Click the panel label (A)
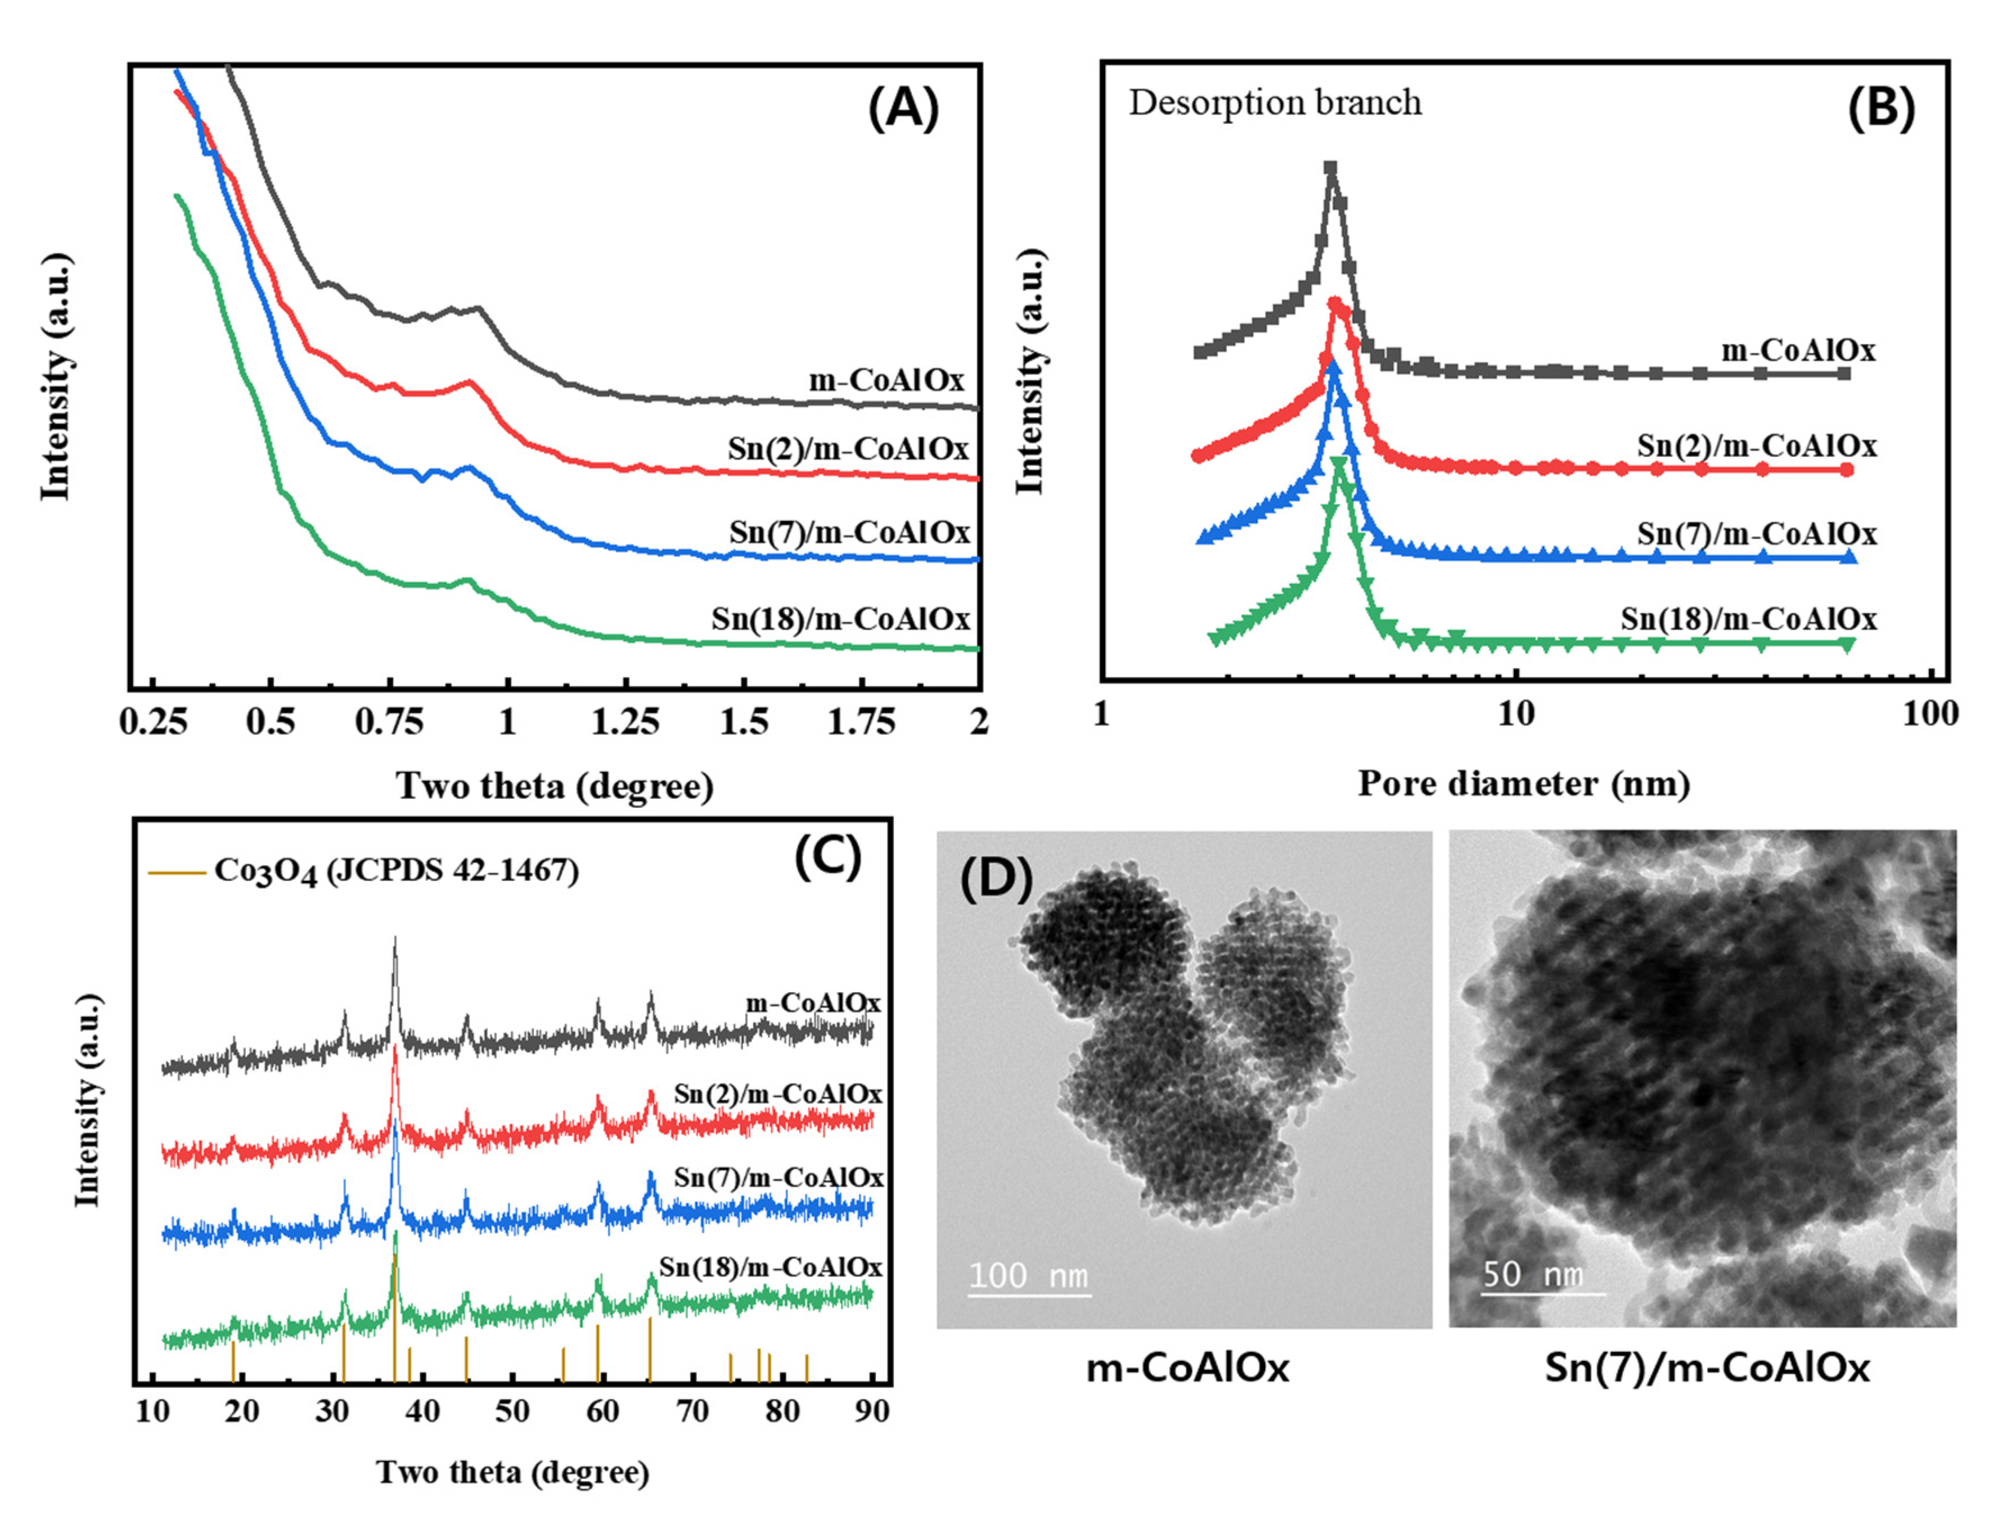point(904,109)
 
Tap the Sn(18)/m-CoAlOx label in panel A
point(840,619)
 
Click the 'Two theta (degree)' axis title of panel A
point(555,786)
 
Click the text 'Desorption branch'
point(1275,102)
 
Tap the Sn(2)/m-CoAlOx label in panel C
point(777,1094)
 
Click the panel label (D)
point(995,879)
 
